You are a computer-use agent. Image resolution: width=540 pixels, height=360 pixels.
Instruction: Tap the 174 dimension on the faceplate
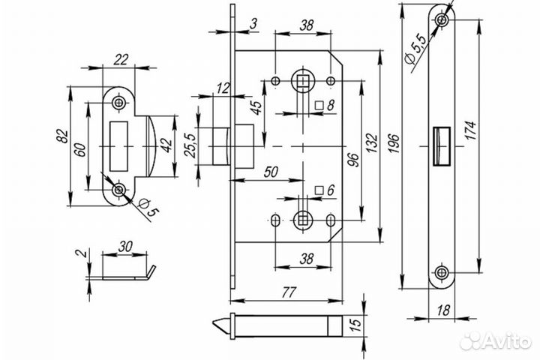[x=470, y=130]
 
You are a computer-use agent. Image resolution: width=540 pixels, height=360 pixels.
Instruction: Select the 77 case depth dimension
[x=289, y=292]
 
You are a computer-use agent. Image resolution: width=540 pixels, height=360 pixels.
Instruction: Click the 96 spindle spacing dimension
[x=354, y=160]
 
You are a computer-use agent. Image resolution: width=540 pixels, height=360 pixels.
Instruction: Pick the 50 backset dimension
[x=271, y=172]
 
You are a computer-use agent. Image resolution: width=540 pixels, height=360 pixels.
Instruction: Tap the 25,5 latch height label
[x=190, y=145]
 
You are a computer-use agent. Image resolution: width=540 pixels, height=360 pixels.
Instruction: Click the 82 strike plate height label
[x=62, y=136]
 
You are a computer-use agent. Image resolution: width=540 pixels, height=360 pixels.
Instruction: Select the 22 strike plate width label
[x=121, y=59]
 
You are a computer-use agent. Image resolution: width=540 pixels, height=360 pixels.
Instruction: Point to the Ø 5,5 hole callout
[x=416, y=48]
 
